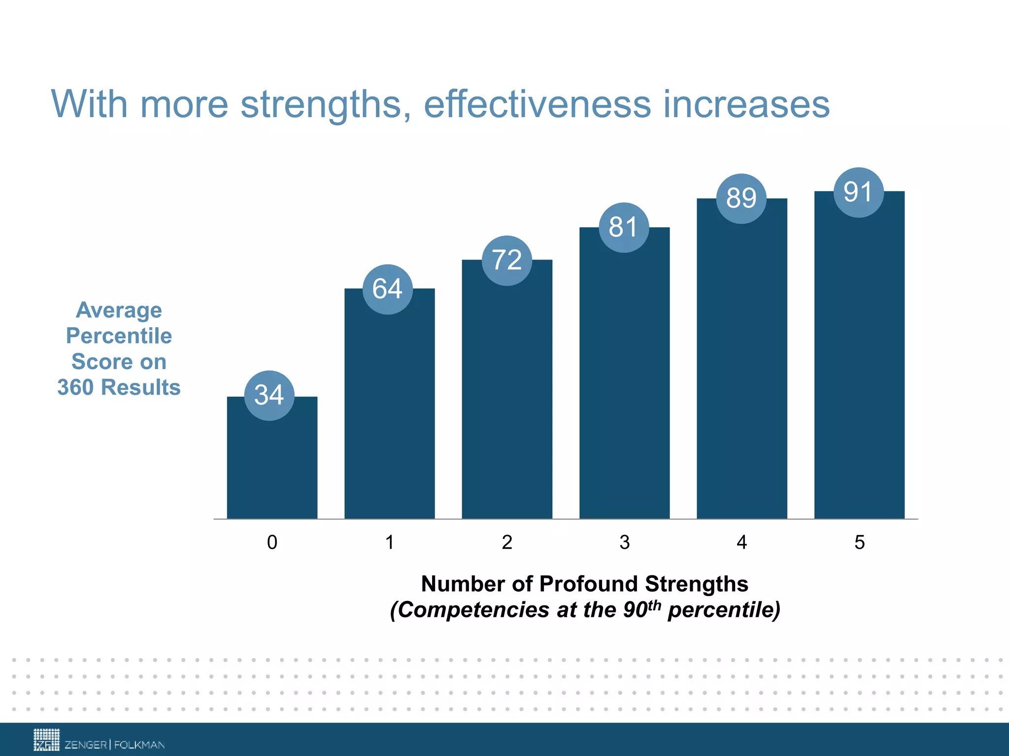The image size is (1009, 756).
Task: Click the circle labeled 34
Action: pyautogui.click(x=269, y=395)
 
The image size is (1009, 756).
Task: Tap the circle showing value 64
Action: pyautogui.click(x=388, y=289)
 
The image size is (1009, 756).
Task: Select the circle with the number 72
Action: pyautogui.click(x=506, y=260)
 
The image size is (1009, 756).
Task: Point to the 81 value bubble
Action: pyautogui.click(x=624, y=227)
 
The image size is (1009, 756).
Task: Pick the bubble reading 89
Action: pyautogui.click(x=741, y=198)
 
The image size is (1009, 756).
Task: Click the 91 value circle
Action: pyautogui.click(x=858, y=192)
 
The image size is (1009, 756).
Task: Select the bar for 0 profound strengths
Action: pyautogui.click(x=272, y=468)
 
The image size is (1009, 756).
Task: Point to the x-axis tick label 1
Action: pyautogui.click(x=390, y=542)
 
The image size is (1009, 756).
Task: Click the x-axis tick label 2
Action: pyautogui.click(x=507, y=542)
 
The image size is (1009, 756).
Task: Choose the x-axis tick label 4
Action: pyautogui.click(x=741, y=542)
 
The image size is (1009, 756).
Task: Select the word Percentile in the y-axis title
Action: pyautogui.click(x=119, y=336)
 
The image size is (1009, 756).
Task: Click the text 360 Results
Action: pyautogui.click(x=119, y=387)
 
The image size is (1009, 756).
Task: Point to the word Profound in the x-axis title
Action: pyautogui.click(x=589, y=584)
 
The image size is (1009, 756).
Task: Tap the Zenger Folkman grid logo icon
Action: pyautogui.click(x=46, y=740)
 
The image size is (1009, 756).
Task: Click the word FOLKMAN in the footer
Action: pyautogui.click(x=139, y=745)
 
